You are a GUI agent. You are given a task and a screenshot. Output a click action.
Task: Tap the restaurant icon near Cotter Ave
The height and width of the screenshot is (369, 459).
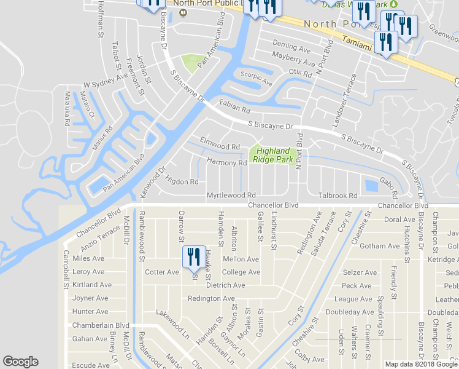pyautogui.click(x=194, y=257)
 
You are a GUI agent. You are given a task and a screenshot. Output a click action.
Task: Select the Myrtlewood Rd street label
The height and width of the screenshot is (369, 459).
pyautogui.click(x=231, y=195)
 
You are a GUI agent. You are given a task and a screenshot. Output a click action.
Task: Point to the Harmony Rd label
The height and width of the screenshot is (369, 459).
pyautogui.click(x=226, y=163)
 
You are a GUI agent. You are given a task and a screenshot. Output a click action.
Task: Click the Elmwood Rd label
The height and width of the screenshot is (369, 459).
pyautogui.click(x=219, y=147)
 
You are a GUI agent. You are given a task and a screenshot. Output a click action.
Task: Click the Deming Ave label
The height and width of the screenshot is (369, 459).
pyautogui.click(x=292, y=47)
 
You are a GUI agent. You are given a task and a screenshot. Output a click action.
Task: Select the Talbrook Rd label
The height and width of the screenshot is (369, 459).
pyautogui.click(x=337, y=196)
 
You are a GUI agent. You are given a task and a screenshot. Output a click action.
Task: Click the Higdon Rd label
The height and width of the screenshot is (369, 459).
pyautogui.click(x=182, y=181)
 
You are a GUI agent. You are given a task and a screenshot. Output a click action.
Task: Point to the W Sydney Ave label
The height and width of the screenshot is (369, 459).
pyautogui.click(x=106, y=81)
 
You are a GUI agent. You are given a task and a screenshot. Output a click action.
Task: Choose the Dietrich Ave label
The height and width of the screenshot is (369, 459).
pyautogui.click(x=225, y=285)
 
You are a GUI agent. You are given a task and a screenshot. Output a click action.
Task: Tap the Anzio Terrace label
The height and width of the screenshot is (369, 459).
pyautogui.click(x=101, y=240)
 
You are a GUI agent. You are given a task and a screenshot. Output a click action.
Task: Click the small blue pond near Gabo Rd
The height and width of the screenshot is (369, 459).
pyautogui.click(x=371, y=185)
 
